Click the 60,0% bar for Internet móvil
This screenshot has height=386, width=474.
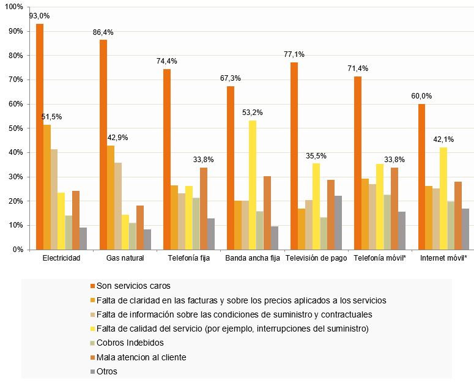coord(421,177)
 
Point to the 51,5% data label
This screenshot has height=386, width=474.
coord(51,117)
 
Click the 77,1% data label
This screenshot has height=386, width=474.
coord(294,54)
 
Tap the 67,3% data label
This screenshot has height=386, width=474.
coord(230,78)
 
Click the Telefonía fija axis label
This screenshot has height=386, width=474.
coord(188,258)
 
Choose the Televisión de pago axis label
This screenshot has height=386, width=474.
coord(316,258)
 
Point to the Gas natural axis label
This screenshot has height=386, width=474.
coord(124,258)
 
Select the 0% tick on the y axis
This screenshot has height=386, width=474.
coord(20,250)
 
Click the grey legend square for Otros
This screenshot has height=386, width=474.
coord(92,371)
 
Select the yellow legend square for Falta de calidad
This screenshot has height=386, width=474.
coord(92,328)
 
